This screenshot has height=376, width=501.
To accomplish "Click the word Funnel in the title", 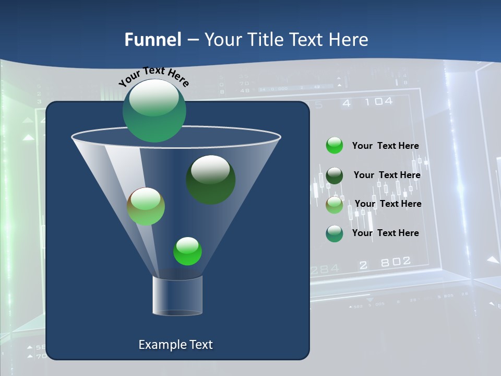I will pyautogui.click(x=152, y=40).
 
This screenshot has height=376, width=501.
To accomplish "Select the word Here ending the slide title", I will pyautogui.click(x=349, y=40).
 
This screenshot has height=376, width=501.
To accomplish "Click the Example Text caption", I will pyautogui.click(x=175, y=345).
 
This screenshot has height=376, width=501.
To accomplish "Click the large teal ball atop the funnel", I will pyautogui.click(x=154, y=110).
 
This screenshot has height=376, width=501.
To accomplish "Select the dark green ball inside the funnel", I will pyautogui.click(x=210, y=180).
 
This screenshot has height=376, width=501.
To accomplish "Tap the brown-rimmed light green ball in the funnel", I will pyautogui.click(x=146, y=206).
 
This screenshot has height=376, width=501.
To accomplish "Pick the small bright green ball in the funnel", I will pyautogui.click(x=187, y=251).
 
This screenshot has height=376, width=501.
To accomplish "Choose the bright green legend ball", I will pyautogui.click(x=335, y=146).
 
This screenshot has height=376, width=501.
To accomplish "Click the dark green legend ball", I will pyautogui.click(x=335, y=175).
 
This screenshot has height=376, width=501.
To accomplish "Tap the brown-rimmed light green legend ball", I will pyautogui.click(x=335, y=205).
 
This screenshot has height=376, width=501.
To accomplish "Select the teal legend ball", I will pyautogui.click(x=335, y=233).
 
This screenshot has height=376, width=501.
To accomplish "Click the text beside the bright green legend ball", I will pyautogui.click(x=385, y=146).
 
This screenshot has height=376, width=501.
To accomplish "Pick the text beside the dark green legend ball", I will pyautogui.click(x=387, y=175).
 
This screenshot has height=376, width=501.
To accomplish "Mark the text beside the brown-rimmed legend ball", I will pyautogui.click(x=388, y=204).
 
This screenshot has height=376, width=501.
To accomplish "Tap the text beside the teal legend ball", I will pyautogui.click(x=385, y=233).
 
